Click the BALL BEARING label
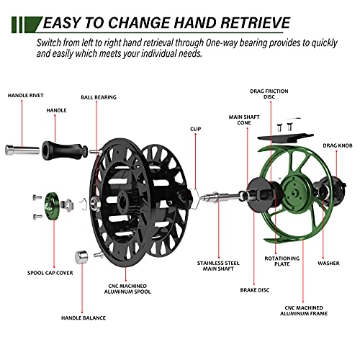(x=98, y=97)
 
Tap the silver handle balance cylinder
(x=81, y=257)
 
